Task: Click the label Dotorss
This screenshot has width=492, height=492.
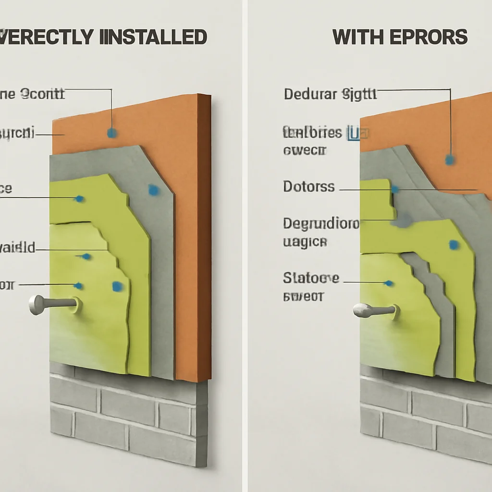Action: (x=309, y=186)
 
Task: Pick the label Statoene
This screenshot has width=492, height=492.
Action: (x=311, y=278)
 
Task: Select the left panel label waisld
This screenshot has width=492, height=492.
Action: (x=18, y=248)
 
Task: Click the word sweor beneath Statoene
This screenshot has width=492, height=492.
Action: (x=303, y=296)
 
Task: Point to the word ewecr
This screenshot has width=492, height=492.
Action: (x=305, y=150)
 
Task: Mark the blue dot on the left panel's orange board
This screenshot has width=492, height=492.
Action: (x=111, y=133)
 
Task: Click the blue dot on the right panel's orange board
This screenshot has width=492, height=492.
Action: (x=450, y=160)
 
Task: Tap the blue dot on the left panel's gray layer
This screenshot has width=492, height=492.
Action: (x=153, y=190)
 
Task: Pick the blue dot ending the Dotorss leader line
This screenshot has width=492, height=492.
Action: (x=394, y=190)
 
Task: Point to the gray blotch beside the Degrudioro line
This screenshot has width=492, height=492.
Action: (x=403, y=221)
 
